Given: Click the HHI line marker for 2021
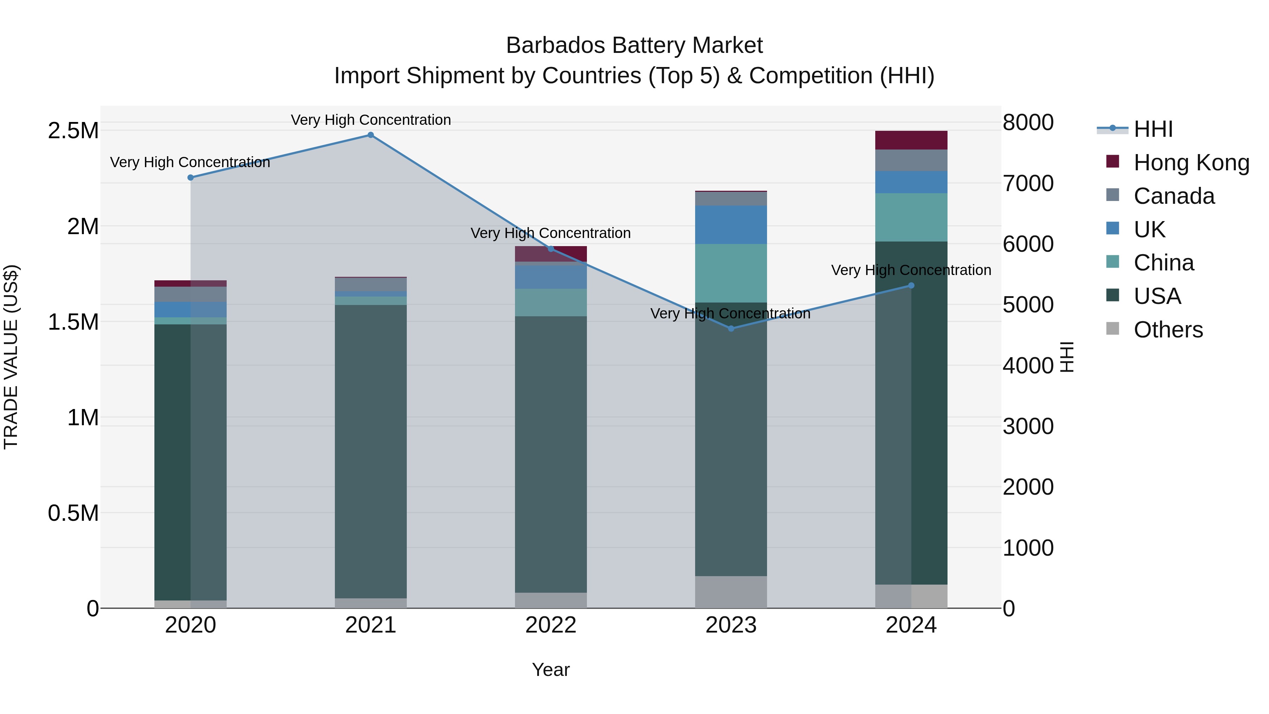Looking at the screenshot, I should click(370, 135).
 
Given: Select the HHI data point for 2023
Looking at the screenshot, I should click(731, 329).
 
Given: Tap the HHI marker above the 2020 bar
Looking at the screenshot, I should click(191, 177).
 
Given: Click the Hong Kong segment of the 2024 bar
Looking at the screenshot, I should click(911, 140).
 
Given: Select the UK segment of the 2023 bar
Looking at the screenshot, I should click(731, 225).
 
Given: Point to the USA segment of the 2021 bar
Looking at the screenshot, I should click(370, 451).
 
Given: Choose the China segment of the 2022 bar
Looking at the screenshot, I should click(551, 303).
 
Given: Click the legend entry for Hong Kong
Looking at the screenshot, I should click(1191, 163).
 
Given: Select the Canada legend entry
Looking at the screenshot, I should click(1173, 196).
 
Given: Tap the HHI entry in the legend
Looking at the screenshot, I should click(1153, 129).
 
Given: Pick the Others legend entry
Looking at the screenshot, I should click(1167, 330).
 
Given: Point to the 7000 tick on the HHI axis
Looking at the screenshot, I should click(1028, 183).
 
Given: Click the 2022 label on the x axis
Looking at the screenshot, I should click(551, 625).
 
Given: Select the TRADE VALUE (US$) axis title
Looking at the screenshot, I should click(11, 357).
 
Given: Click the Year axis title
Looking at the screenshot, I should click(551, 670).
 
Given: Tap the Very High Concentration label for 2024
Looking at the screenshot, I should click(911, 270).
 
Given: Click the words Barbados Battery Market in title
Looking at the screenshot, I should click(634, 45).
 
